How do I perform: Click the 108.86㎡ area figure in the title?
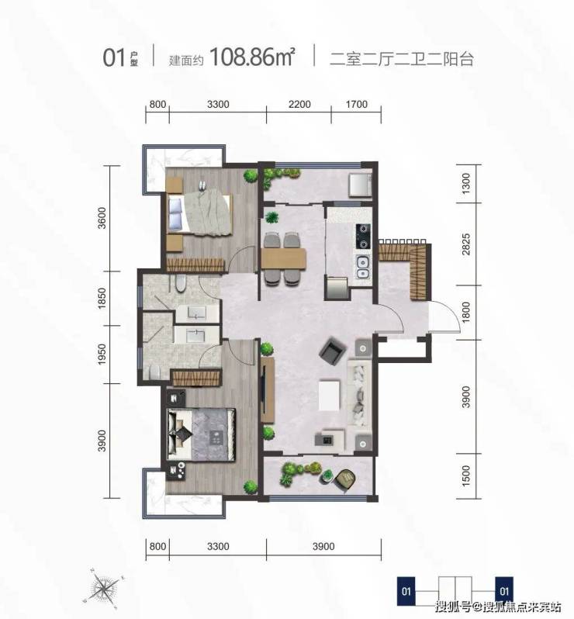point(252,57)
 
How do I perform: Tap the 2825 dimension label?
point(466,244)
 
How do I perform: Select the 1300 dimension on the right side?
point(466,184)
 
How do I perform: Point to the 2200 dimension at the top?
point(299,104)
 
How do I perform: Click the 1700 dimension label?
point(357,104)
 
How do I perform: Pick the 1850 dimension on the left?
point(102,299)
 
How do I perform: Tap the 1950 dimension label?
point(102,354)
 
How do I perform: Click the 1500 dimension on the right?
point(466,475)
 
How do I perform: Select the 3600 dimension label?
point(102,217)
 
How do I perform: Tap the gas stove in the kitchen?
point(363,236)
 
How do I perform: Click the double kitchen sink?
point(363,267)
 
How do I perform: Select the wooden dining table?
point(283,258)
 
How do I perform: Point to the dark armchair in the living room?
point(333,351)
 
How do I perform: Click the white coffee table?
point(329,395)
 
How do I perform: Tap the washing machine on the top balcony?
point(360,185)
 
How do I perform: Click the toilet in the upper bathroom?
point(180,283)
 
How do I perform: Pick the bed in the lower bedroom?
point(202,434)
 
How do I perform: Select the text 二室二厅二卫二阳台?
point(402,59)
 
